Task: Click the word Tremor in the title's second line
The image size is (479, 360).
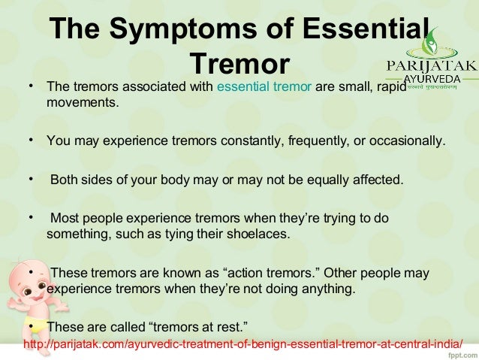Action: click(x=239, y=62)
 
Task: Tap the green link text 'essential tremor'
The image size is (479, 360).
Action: click(x=264, y=86)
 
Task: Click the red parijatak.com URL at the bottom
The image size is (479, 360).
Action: click(x=244, y=345)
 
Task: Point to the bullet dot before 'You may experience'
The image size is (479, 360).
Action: click(x=31, y=140)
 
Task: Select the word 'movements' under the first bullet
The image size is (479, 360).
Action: click(x=82, y=101)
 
